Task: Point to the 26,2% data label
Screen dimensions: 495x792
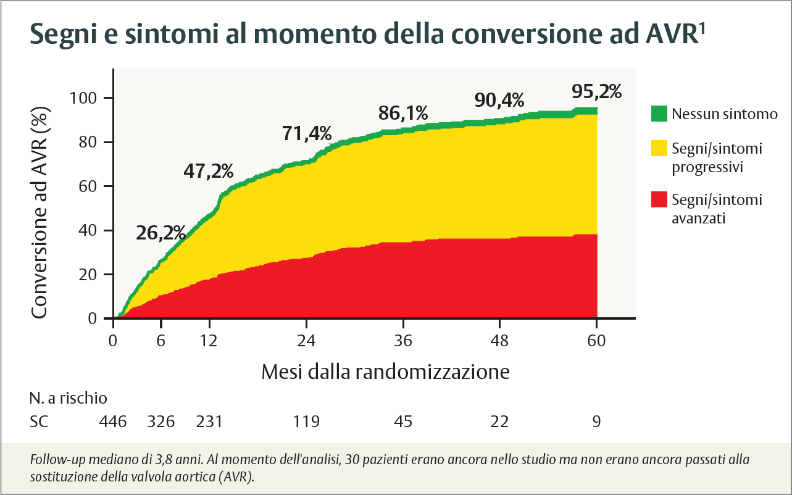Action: click(160, 233)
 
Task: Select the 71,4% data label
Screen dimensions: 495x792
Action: click(307, 133)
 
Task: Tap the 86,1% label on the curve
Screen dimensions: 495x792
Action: click(403, 113)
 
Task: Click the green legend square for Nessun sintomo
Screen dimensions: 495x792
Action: click(659, 114)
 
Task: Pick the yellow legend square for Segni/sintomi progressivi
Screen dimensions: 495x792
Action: click(659, 149)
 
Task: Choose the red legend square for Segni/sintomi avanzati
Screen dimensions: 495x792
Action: click(659, 200)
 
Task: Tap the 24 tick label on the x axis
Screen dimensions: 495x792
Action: click(307, 341)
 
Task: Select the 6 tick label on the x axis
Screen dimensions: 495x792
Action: click(161, 341)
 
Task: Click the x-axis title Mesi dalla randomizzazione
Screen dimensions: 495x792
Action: click(385, 372)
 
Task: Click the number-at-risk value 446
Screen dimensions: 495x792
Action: click(113, 422)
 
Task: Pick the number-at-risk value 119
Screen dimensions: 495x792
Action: click(307, 422)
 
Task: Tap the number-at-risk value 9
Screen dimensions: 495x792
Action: click(596, 422)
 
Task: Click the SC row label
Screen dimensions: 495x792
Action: click(40, 422)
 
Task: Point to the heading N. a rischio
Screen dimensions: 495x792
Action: click(68, 397)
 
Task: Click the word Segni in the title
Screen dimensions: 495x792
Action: click(60, 35)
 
